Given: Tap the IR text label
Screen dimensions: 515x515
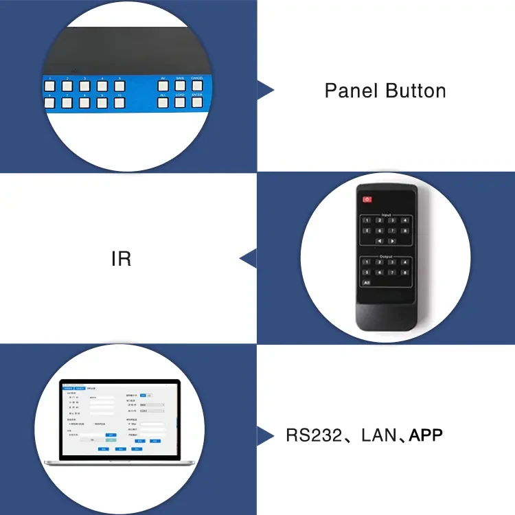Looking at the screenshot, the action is point(121,260).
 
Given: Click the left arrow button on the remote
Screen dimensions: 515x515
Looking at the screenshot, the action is point(379,241).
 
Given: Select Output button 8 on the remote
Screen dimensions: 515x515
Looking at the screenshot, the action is point(406,272).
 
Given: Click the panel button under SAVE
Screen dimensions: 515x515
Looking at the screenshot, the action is point(180,87).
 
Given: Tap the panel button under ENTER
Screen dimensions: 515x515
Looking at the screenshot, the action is point(198,103).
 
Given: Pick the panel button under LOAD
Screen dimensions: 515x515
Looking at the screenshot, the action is point(180,103).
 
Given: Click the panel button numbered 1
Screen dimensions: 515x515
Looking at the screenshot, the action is point(49,87).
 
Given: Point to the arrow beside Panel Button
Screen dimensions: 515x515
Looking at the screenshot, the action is point(264,90).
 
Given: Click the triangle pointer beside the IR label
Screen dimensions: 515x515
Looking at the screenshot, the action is point(247,259).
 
